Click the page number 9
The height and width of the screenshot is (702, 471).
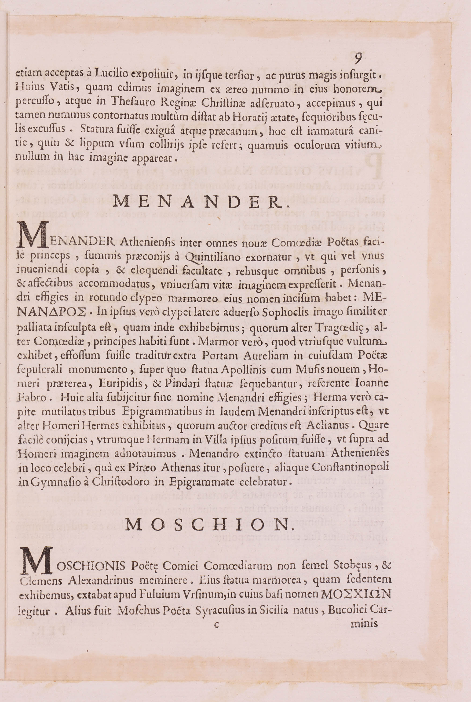[x=358, y=58]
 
